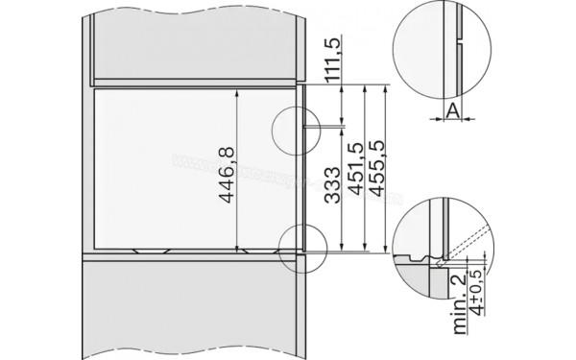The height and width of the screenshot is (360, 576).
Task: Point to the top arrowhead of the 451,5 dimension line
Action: pos(364,87)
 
